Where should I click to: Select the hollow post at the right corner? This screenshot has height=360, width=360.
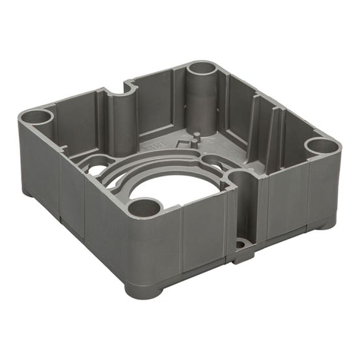[322, 146]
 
